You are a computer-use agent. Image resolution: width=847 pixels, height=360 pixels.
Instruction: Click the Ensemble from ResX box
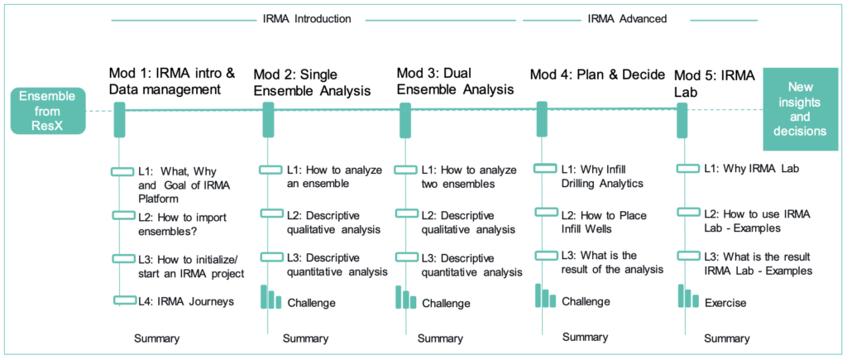coord(47,111)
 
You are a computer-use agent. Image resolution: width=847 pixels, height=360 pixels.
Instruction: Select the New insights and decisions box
coord(800,111)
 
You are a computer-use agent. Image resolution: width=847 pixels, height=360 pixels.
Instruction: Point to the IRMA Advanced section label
coord(627,19)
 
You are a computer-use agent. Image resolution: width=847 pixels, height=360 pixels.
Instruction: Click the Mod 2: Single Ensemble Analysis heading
coord(312,82)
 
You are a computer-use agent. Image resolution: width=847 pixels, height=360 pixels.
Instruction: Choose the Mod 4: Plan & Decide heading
coord(597,74)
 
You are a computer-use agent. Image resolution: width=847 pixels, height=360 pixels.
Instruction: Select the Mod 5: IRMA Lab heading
coord(714,83)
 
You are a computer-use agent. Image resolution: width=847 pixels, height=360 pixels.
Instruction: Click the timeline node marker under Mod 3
coord(405,119)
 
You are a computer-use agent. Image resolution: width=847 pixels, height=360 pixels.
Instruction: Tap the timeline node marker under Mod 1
coord(119,119)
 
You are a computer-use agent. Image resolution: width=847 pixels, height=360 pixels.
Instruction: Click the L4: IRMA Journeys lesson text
coord(185,301)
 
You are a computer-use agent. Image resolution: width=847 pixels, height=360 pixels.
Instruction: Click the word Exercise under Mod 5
coord(725,303)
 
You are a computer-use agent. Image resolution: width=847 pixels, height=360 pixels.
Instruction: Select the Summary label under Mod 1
coord(156,339)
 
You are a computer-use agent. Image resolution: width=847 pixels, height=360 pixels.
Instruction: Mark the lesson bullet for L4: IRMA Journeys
coord(124,300)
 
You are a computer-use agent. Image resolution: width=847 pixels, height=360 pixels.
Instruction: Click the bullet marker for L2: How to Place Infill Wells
coord(546,212)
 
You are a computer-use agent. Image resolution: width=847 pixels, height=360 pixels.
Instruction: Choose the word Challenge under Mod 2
coord(312,303)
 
